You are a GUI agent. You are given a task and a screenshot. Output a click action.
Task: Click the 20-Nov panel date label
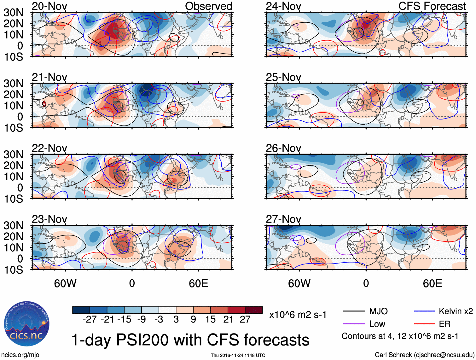(x=49, y=6)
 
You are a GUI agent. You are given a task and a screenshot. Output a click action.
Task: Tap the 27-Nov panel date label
(x=283, y=219)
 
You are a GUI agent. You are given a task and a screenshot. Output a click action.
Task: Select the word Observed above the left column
(x=208, y=6)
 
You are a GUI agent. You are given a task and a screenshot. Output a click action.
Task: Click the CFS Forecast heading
(x=432, y=6)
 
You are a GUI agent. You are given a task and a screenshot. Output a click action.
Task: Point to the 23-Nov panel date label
(x=49, y=219)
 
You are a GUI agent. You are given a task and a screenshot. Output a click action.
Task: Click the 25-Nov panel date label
(x=283, y=77)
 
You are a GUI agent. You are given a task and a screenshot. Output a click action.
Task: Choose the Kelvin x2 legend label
(x=456, y=311)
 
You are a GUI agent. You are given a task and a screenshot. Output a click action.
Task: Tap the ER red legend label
(x=444, y=324)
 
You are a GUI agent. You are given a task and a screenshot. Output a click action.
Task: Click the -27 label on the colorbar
(x=90, y=319)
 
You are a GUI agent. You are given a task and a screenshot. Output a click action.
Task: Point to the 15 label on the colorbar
(x=211, y=319)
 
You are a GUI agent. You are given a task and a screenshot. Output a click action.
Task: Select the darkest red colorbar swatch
(x=254, y=310)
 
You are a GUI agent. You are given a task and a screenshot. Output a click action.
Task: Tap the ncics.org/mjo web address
(x=20, y=355)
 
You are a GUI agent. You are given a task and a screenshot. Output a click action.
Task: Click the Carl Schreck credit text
(x=424, y=355)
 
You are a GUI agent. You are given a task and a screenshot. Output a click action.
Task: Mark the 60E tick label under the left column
(x=198, y=283)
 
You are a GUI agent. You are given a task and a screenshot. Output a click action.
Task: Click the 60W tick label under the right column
(x=299, y=283)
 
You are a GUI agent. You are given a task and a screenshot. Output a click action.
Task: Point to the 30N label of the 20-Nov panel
(x=14, y=13)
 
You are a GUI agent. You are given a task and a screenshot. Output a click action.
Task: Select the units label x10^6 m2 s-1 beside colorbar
(x=298, y=315)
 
